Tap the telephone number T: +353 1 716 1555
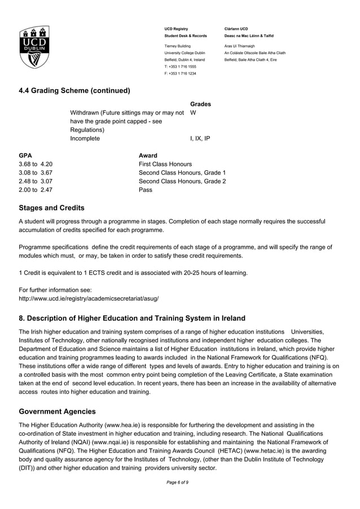pos(180,66)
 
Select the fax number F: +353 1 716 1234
pos(180,73)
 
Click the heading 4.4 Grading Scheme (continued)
pos(74,90)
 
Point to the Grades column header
pos(200,104)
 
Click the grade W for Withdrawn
pos(194,112)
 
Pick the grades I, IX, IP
pos(200,138)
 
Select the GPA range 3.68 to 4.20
pos(36,164)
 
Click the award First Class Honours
pos(165,164)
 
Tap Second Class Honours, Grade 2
pos(182,181)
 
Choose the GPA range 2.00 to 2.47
pos(36,190)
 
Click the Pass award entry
pos(146,190)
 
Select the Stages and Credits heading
pos(51,208)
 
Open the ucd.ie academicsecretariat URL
pos(89,298)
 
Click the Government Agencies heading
pos(57,411)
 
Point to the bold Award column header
pos(148,155)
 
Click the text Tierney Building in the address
pos(177,46)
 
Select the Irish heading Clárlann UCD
pos(236,29)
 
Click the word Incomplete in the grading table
pos(85,138)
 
